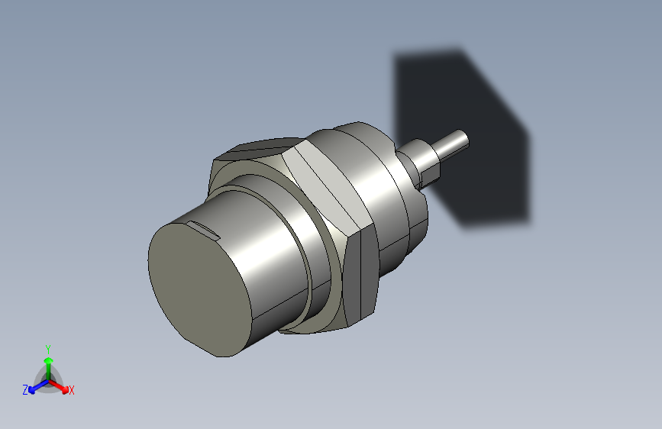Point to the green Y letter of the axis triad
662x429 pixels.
pyautogui.click(x=47, y=347)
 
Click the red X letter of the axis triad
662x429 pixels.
pyautogui.click(x=72, y=390)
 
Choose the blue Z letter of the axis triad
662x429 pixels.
pyautogui.click(x=25, y=390)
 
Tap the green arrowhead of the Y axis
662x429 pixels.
pyautogui.click(x=48, y=359)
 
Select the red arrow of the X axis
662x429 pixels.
pyautogui.click(x=63, y=386)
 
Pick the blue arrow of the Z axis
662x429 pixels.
pyautogui.click(x=34, y=387)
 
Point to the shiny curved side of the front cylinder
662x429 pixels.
pyautogui.click(x=267, y=252)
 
